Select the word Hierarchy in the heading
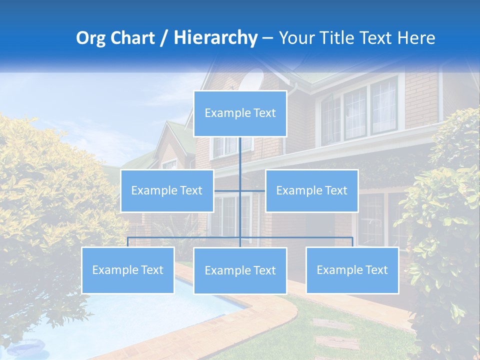tap(215, 38)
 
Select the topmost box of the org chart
tap(240, 113)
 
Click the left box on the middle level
tap(167, 190)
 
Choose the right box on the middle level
tap(311, 190)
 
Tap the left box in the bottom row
tap(128, 270)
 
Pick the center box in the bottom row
tap(240, 270)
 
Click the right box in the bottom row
tap(352, 270)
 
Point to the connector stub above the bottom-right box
tap(352, 242)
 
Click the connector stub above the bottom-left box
tap(128, 242)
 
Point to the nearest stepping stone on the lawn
tap(337, 342)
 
